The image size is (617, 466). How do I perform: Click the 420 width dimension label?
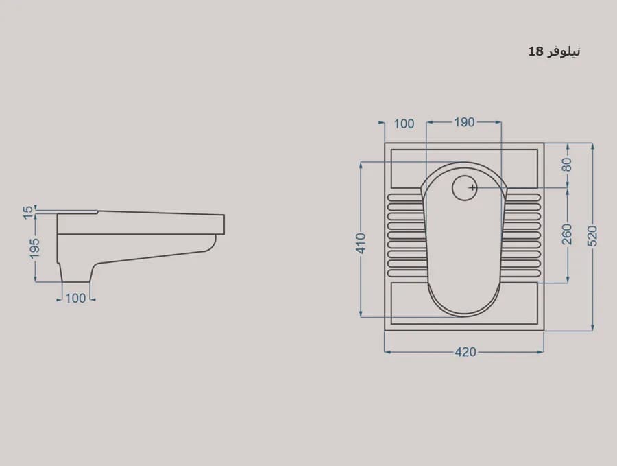(465, 352)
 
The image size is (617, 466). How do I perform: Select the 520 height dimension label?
(592, 236)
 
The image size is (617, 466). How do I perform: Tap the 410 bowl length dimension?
(361, 243)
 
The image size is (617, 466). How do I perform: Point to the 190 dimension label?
(464, 123)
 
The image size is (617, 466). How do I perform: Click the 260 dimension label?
(567, 234)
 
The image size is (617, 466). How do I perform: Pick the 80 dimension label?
(567, 165)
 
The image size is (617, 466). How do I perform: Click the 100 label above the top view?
(404, 124)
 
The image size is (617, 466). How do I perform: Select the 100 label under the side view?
(75, 298)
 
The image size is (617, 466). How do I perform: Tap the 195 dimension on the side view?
(35, 248)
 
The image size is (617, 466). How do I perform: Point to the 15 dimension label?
(28, 212)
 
